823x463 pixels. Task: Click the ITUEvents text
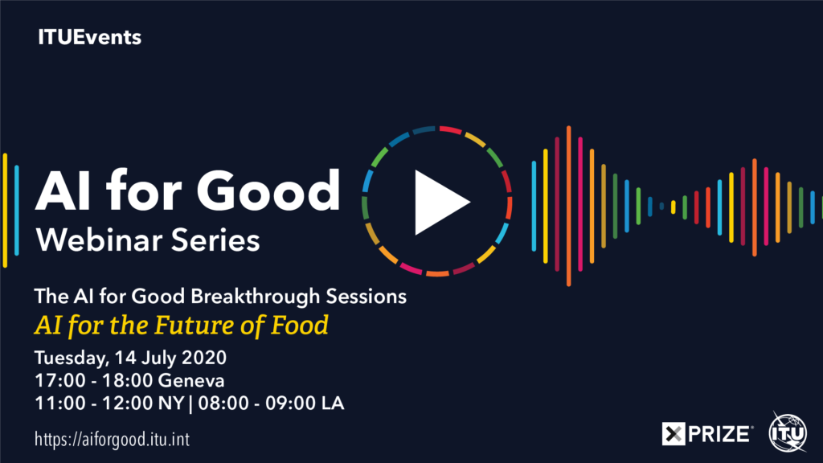[89, 37]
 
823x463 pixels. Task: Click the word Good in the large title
[268, 191]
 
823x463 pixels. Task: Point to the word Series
[215, 241]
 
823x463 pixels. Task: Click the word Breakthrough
[255, 297]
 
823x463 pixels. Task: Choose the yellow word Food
[299, 325]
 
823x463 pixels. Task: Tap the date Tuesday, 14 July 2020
[130, 358]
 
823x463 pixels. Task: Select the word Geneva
[191, 380]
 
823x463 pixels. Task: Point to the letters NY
[171, 404]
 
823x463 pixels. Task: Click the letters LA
[333, 404]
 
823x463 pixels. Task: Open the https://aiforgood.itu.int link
[112, 440]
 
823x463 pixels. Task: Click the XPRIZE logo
[707, 434]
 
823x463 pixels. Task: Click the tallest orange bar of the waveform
[568, 206]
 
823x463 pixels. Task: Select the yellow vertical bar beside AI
[6, 211]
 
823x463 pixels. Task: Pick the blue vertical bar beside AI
[17, 211]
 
